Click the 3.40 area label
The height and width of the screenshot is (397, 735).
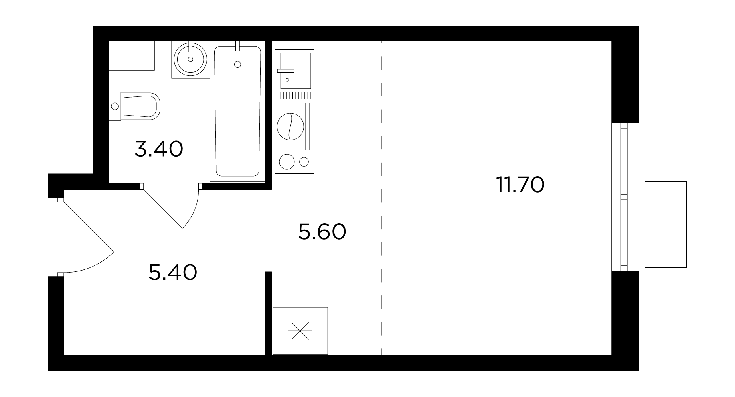pos(159,149)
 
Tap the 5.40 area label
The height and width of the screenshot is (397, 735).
pos(173,273)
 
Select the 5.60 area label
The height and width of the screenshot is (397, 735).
pos(322,232)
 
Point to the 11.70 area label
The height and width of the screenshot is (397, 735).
pos(520,185)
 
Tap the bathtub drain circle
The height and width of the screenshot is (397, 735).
pos(238,64)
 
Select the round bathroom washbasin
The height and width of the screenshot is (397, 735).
pos(190,59)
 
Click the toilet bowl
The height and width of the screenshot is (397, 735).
pos(141,106)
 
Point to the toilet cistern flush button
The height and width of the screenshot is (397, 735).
pos(115,106)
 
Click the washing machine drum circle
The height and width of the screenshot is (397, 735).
pos(290,126)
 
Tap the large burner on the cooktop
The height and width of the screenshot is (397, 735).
pos(287,162)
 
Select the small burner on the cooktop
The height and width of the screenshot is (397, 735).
pos(304,162)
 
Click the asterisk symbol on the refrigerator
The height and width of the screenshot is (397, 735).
pos(300,331)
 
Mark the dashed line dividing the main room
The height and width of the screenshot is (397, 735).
pos(382,198)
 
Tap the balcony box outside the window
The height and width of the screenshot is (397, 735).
pos(666,224)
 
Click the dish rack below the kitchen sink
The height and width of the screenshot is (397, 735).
pos(295,95)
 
